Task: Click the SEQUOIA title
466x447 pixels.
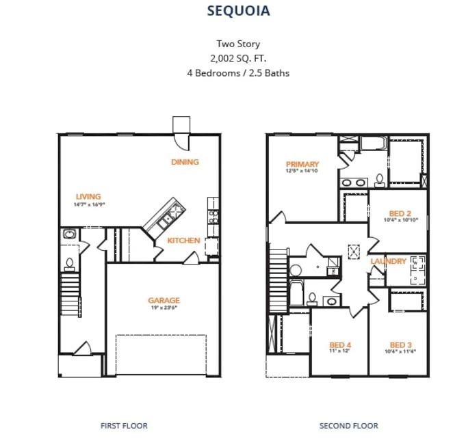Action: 238,11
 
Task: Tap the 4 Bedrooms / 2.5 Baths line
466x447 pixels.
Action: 238,72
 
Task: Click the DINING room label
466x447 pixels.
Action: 185,162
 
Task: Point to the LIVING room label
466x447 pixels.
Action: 88,197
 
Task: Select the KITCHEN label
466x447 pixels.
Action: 183,241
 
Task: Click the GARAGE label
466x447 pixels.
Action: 164,300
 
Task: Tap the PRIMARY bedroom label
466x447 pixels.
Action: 302,164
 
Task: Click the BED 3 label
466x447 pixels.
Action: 401,344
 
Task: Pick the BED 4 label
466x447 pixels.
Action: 340,344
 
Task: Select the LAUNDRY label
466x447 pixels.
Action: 388,262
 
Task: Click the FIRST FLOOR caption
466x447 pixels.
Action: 124,426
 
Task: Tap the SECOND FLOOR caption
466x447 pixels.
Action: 349,426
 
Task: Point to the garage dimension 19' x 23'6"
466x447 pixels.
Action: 164,308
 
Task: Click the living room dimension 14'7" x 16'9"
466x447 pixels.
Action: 89,204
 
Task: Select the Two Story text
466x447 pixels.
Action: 238,44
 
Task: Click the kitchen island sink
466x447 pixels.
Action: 164,220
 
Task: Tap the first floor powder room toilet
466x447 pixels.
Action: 69,262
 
